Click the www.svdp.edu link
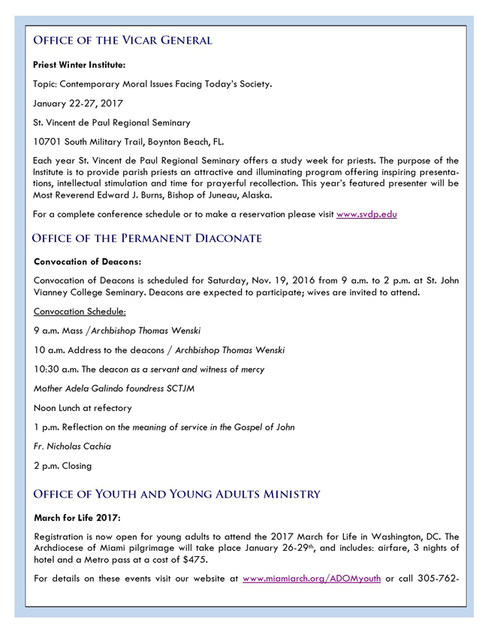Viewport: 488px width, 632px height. coord(366,214)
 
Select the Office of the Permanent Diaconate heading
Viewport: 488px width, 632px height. coord(146,238)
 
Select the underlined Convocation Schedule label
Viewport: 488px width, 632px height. coord(80,310)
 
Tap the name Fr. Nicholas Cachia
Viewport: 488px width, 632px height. coord(72,446)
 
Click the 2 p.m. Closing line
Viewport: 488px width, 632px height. coord(63,465)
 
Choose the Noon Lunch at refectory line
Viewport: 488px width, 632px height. coord(83,408)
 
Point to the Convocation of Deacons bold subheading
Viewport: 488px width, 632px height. coord(88,262)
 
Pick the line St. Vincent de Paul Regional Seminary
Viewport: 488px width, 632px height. coord(112,122)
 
